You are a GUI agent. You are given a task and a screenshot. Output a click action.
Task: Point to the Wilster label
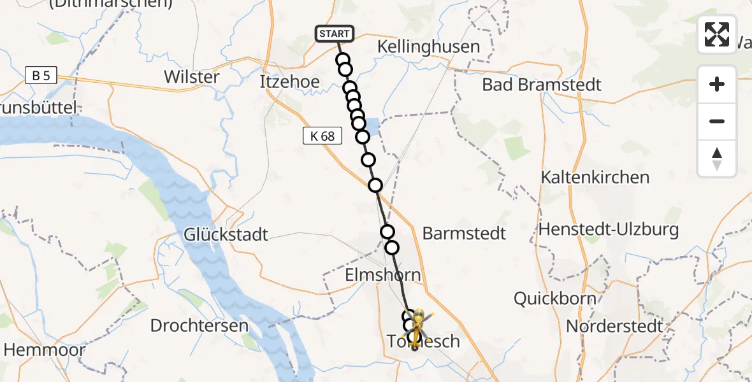pos(192,77)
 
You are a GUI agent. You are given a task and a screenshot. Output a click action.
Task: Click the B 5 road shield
pos(41,76)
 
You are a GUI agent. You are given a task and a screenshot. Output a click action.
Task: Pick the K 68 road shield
pos(322,136)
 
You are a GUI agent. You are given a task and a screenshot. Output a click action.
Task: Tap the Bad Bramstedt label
pos(542,85)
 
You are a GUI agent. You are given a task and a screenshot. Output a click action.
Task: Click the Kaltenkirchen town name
pos(595,177)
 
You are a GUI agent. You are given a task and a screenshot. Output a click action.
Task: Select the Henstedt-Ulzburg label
pos(609,229)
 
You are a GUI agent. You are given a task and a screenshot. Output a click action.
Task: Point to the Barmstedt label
pos(464,233)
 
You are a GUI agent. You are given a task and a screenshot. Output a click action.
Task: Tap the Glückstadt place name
pos(226,234)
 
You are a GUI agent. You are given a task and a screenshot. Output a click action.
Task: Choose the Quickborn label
pos(555,298)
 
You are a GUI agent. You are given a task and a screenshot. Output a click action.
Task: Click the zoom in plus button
pos(717,84)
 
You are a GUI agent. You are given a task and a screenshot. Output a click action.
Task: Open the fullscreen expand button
pos(717,34)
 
